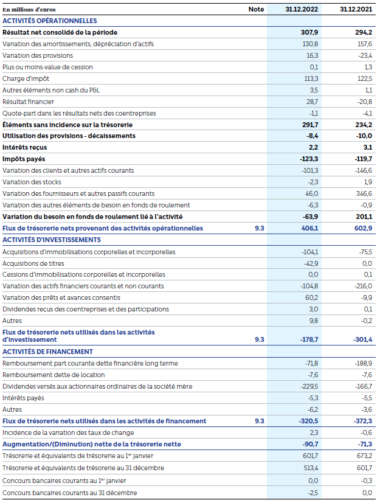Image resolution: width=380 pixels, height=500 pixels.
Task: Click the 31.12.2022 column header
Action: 302,9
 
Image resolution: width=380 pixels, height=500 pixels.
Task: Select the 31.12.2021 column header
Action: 356,9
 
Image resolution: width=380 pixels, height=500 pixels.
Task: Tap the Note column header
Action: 257,9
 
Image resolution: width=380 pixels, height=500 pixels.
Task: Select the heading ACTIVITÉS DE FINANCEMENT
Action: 47,352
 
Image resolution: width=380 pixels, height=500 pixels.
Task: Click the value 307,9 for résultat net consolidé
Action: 309,32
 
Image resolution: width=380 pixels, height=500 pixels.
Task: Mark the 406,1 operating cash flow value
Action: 309,228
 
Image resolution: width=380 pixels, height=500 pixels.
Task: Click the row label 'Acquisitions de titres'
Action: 33,263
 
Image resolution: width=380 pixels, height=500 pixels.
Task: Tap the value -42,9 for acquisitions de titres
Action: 310,263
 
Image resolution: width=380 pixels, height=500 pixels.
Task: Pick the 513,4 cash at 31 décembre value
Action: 310,468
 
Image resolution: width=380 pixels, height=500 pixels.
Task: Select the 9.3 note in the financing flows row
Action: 259,421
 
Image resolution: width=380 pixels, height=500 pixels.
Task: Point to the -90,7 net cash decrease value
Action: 309,445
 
